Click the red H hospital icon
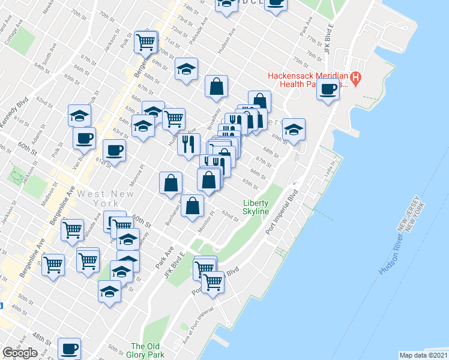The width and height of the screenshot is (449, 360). coord(355,77)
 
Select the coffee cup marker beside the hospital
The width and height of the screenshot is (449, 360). coord(328,90)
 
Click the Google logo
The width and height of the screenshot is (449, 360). coord(20,353)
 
